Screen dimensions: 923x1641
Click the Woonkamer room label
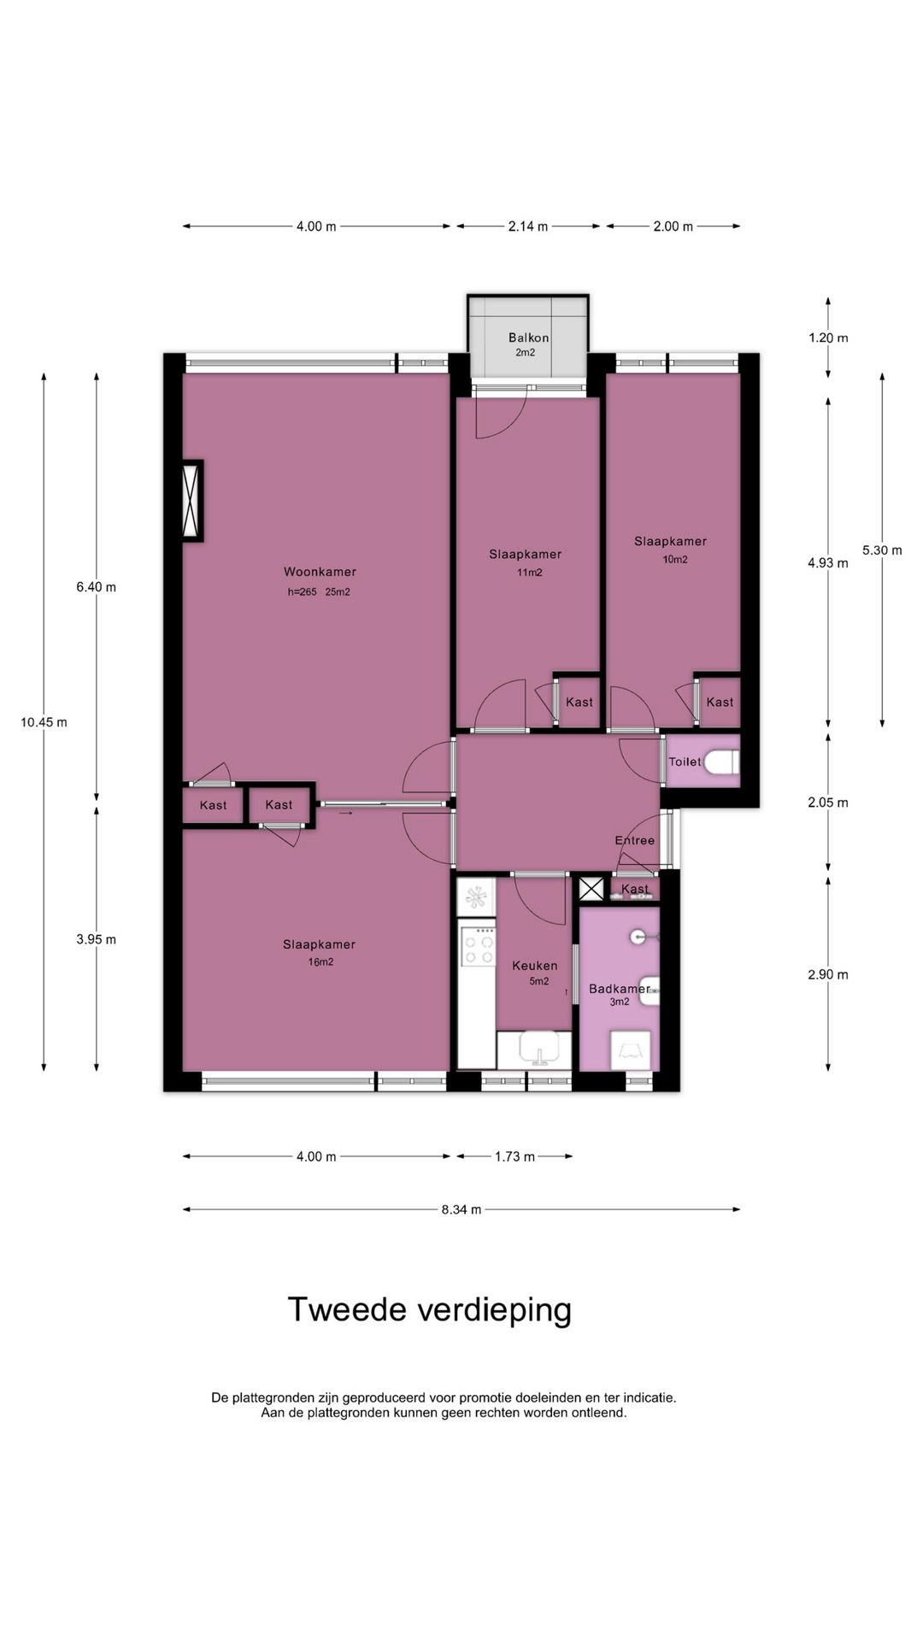[320, 572]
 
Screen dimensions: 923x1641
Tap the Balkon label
[528, 338]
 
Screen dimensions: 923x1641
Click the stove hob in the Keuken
[478, 947]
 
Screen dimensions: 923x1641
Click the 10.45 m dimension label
[44, 722]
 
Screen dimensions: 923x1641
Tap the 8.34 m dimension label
[461, 1209]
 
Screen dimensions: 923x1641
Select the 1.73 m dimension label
[514, 1156]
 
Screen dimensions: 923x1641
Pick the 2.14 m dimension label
[528, 226]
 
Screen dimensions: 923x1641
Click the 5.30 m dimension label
[882, 550]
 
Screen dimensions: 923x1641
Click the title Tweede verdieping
[429, 1309]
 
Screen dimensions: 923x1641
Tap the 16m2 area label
[320, 962]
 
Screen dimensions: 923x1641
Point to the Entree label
[635, 840]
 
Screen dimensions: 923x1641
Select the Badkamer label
[620, 989]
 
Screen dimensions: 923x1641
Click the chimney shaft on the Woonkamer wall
[192, 500]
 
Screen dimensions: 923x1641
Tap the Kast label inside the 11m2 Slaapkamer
[579, 702]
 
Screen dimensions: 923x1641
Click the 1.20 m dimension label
[828, 338]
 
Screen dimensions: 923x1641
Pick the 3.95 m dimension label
[96, 939]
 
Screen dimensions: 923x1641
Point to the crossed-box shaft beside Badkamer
[591, 888]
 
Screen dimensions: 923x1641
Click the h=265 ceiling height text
[303, 591]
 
